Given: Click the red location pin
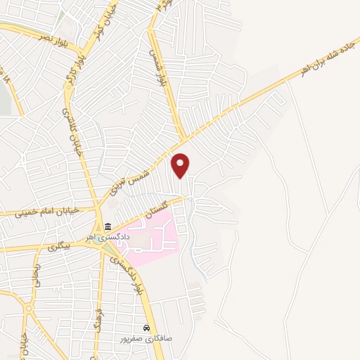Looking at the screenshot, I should pyautogui.click(x=181, y=165).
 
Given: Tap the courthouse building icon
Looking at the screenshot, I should pyautogui.click(x=108, y=226).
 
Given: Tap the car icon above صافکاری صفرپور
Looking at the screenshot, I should pyautogui.click(x=146, y=328).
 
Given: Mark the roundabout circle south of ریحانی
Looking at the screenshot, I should pyautogui.click(x=29, y=308).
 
